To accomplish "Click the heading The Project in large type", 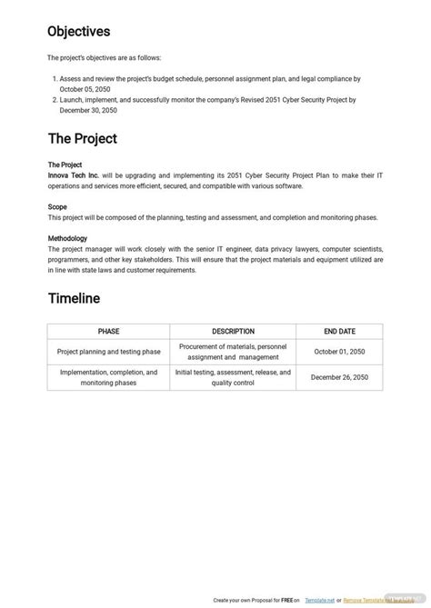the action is [x=82, y=139].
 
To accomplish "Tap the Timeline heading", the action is [x=74, y=298].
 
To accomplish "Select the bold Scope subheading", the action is [x=57, y=207].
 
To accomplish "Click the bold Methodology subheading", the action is [x=67, y=239].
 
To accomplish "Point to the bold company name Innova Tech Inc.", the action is [x=75, y=175].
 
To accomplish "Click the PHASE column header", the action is [x=109, y=332].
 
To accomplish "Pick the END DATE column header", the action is [x=339, y=332].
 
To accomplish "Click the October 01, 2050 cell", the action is [x=339, y=353].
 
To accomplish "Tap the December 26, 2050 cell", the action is [x=339, y=378].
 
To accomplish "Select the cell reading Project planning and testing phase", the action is [x=109, y=353].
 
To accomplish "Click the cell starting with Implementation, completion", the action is [x=109, y=378].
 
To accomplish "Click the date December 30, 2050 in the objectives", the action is [x=88, y=111].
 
